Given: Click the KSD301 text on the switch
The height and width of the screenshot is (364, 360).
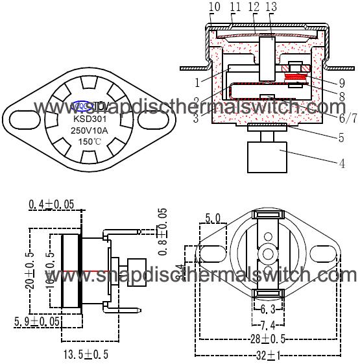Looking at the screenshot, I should pos(90,119).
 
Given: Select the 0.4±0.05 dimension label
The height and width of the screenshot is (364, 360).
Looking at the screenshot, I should pos(51,205).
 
